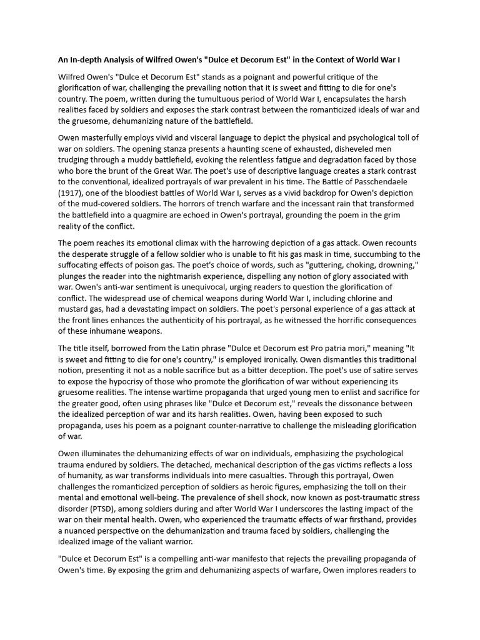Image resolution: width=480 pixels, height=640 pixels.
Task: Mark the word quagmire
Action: click(146, 216)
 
